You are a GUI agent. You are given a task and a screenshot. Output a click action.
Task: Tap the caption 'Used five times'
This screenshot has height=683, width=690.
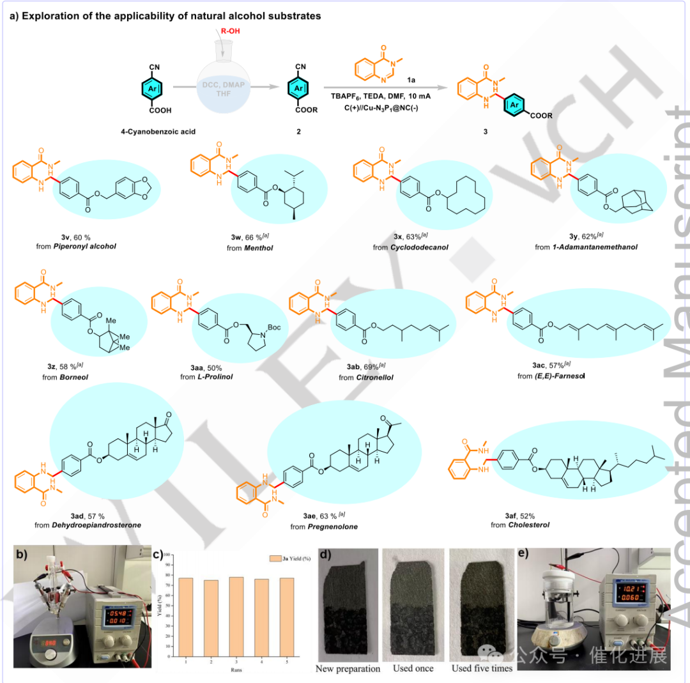pos(482,668)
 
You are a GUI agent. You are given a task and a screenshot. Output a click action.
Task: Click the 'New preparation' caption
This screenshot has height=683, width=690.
pos(348,668)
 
